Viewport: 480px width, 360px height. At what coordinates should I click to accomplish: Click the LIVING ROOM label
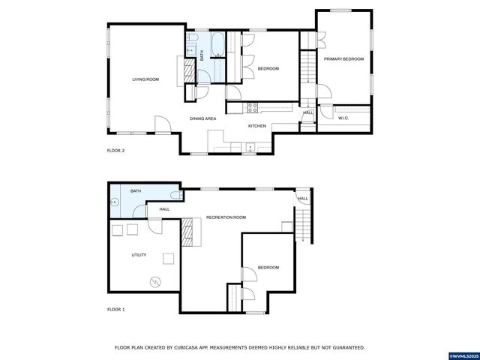[x=145, y=79]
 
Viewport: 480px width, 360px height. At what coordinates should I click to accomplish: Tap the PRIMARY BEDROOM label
[x=343, y=59]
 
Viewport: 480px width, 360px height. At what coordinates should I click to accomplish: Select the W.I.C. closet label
[x=343, y=118]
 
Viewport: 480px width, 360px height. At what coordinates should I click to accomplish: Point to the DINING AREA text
[x=202, y=118]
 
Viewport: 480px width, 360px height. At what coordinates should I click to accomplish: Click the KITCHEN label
[x=257, y=125]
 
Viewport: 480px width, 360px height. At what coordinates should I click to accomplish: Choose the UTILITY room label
[x=139, y=255]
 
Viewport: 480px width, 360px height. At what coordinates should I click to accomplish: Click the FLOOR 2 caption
[x=115, y=151]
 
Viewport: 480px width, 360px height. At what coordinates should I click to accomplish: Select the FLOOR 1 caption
[x=115, y=309]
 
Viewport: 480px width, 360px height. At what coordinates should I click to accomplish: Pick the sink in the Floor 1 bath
[x=115, y=201]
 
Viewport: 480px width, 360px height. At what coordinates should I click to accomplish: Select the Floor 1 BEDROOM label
[x=268, y=268]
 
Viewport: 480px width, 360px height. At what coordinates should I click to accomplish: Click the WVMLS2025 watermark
[x=463, y=354]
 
